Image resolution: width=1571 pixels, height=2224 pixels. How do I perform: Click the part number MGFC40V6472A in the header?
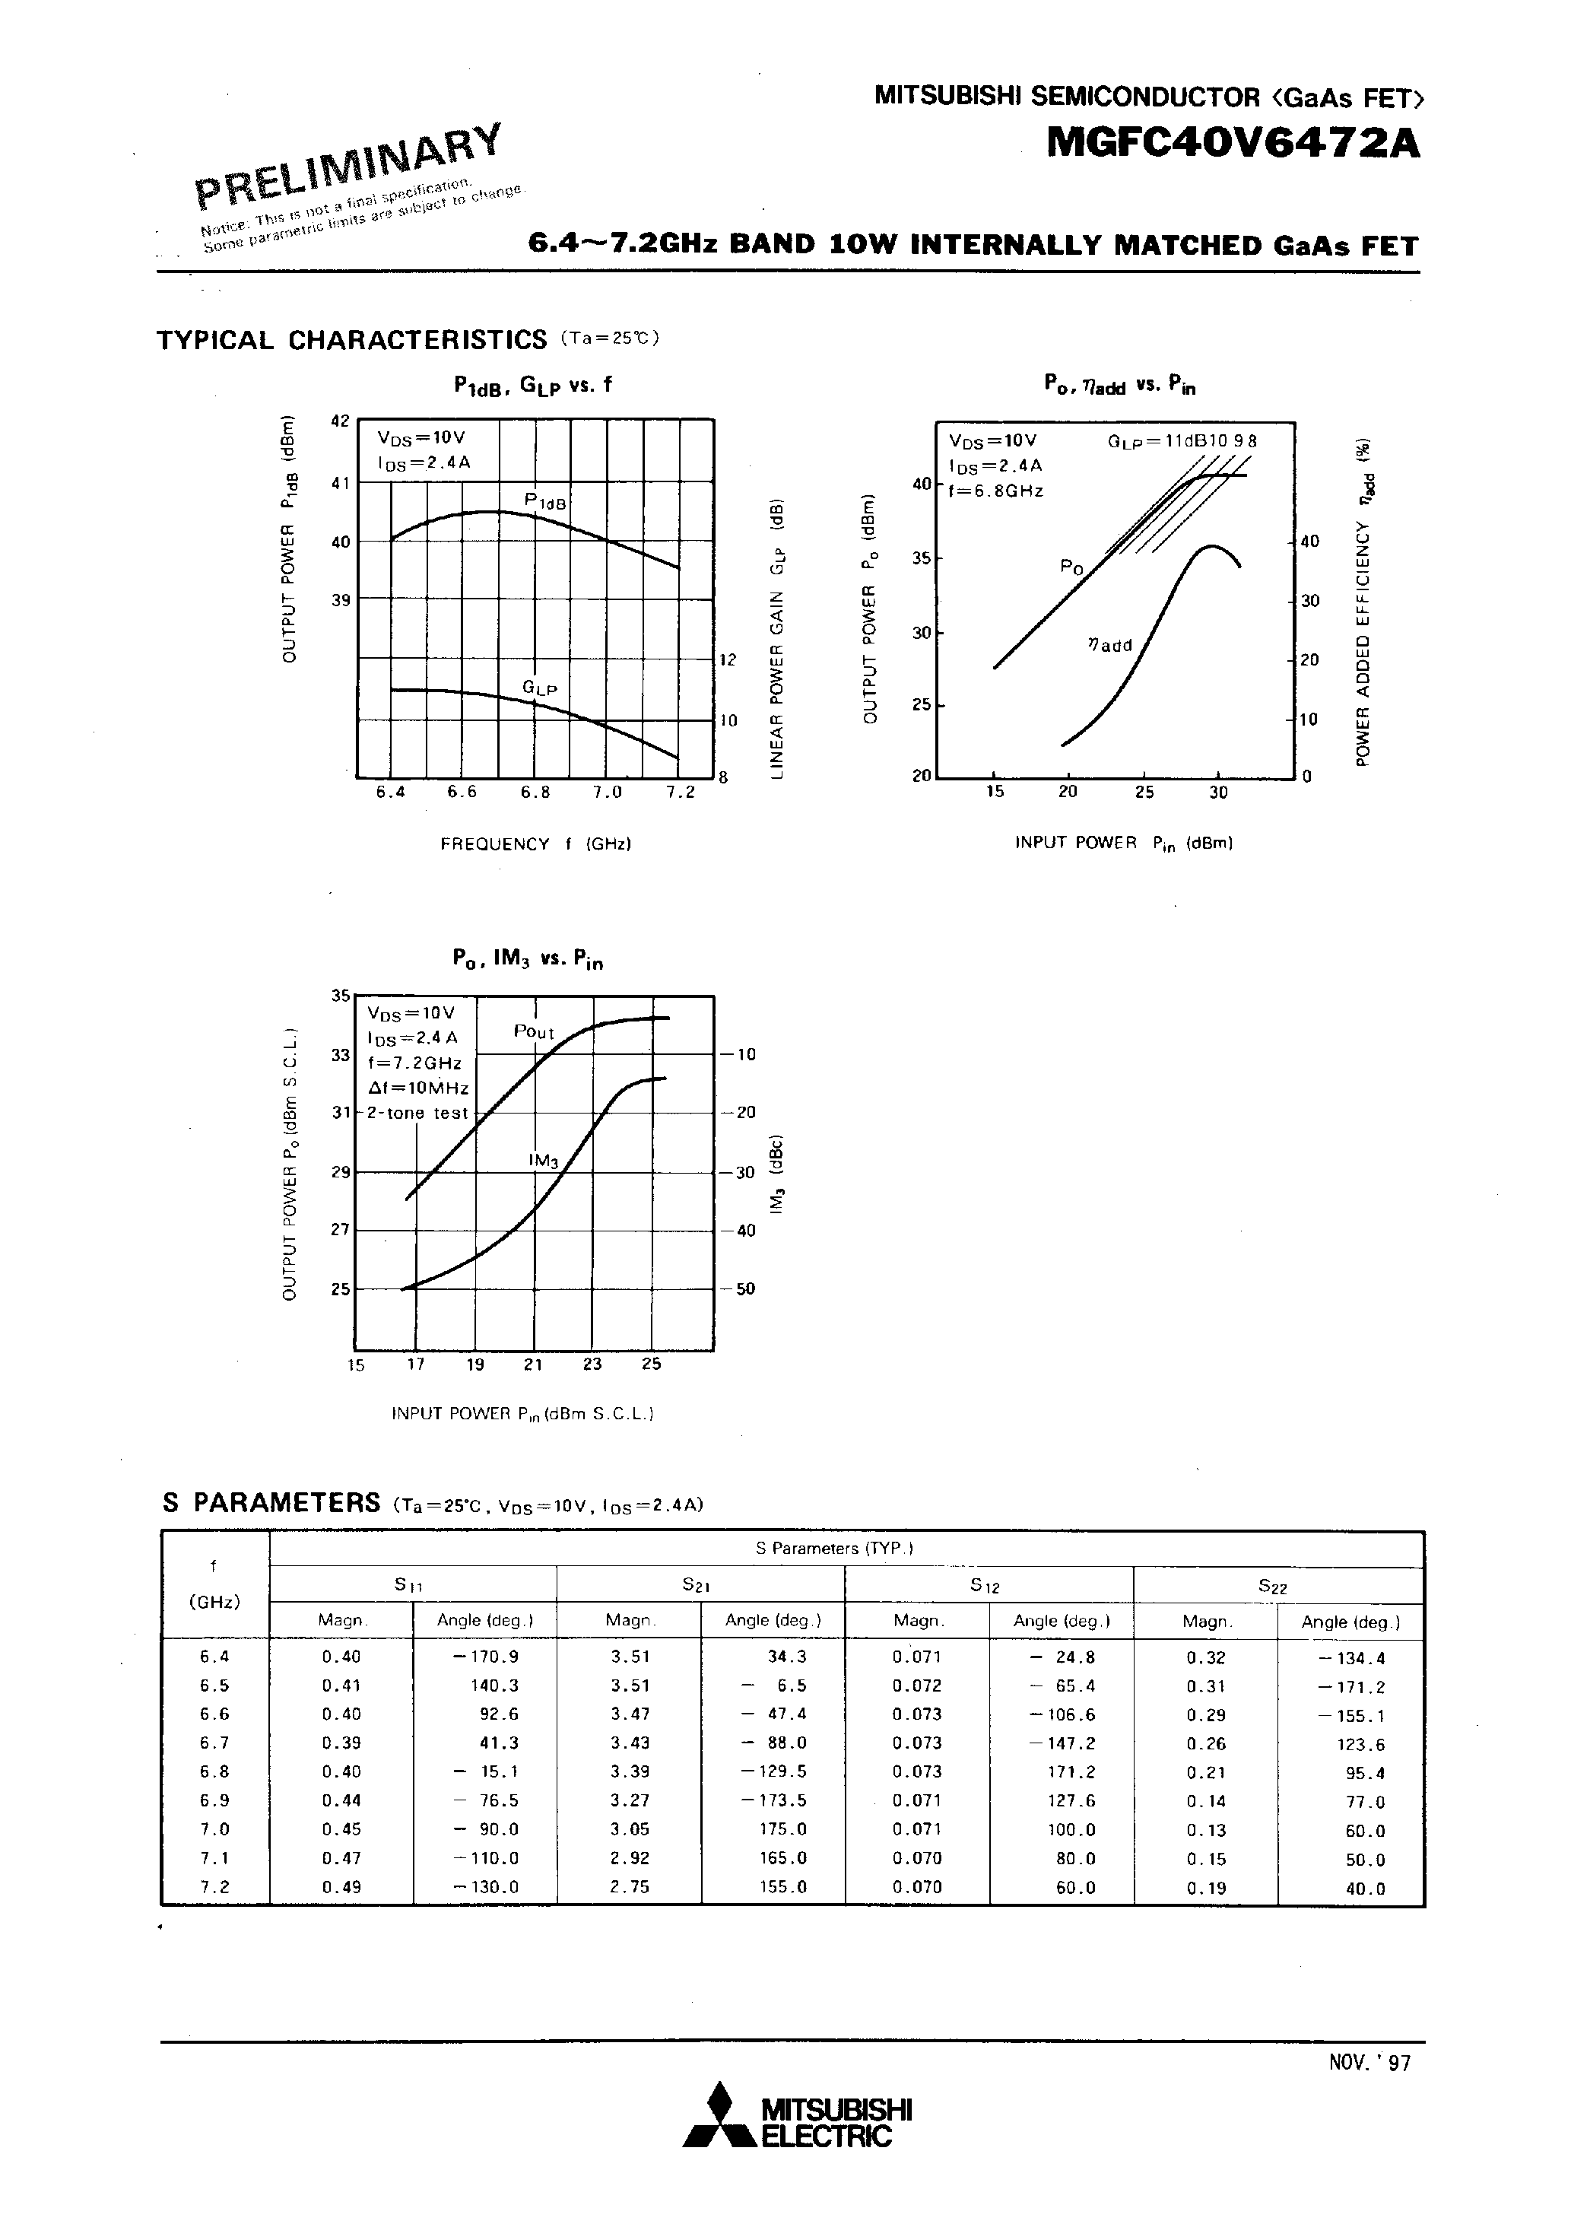[x=1233, y=143]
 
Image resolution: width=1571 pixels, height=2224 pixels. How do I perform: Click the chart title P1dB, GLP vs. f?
[x=533, y=385]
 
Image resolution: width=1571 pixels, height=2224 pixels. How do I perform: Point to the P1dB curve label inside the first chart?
[x=544, y=500]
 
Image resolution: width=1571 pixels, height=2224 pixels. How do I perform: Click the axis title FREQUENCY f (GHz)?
[x=535, y=844]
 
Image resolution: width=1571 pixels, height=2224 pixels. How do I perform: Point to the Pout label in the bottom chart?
[x=534, y=1033]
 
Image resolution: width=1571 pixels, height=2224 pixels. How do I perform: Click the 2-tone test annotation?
[x=417, y=1113]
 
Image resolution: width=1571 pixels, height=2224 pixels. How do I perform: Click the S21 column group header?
[x=697, y=1584]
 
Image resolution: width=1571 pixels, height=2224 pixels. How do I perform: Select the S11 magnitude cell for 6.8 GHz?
[x=341, y=1771]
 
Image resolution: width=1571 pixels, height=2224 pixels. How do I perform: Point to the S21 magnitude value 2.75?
[x=630, y=1887]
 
